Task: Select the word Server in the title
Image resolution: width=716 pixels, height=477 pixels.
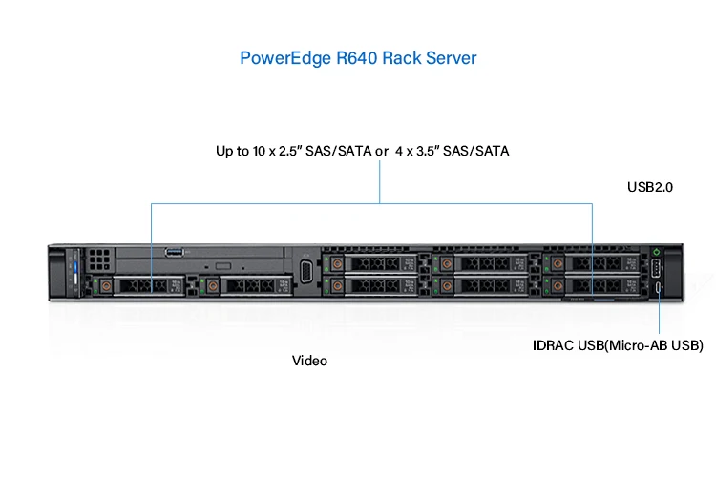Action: pos(451,58)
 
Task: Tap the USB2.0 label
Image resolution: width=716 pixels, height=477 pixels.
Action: pos(650,188)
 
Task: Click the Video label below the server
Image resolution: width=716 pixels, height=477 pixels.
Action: pos(309,362)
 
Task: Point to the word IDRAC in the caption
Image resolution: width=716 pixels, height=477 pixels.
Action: pos(553,344)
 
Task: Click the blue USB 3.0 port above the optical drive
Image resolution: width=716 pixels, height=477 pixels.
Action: pos(173,252)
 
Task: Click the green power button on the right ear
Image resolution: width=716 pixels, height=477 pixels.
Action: pos(657,252)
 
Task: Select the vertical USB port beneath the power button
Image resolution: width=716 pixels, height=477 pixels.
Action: pos(657,268)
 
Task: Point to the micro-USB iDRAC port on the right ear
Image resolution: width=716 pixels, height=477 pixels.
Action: pos(657,287)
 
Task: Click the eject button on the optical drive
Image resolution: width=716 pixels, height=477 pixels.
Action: pos(222,264)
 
